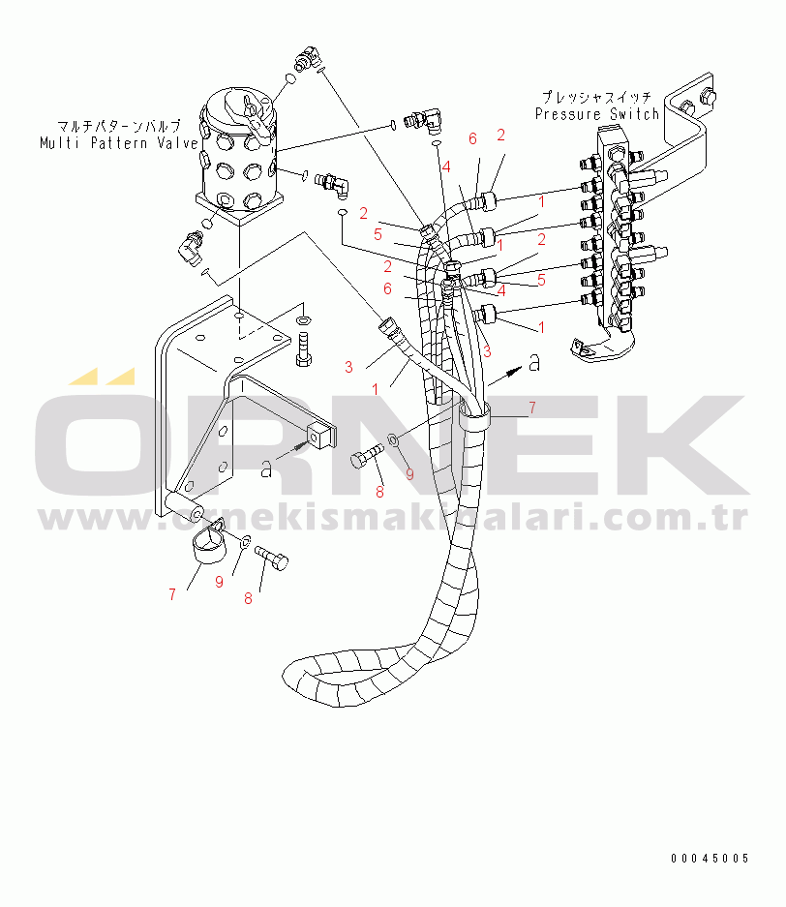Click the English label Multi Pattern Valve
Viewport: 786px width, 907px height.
point(118,143)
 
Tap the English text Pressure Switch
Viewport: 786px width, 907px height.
point(597,114)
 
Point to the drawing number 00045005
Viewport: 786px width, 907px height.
point(710,859)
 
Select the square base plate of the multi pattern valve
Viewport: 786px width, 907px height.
point(239,208)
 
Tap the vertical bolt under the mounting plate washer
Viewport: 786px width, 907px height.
point(303,349)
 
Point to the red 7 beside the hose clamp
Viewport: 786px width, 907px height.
point(532,408)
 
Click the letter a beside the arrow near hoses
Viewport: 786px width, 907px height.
point(535,363)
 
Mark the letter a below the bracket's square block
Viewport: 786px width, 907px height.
point(266,469)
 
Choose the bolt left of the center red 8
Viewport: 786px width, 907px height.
point(367,455)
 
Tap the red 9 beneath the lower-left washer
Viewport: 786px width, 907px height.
point(219,582)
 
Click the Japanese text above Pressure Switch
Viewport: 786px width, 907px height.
point(596,97)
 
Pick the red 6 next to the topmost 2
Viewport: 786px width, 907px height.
point(472,138)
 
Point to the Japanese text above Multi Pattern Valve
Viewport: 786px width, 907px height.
point(119,126)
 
